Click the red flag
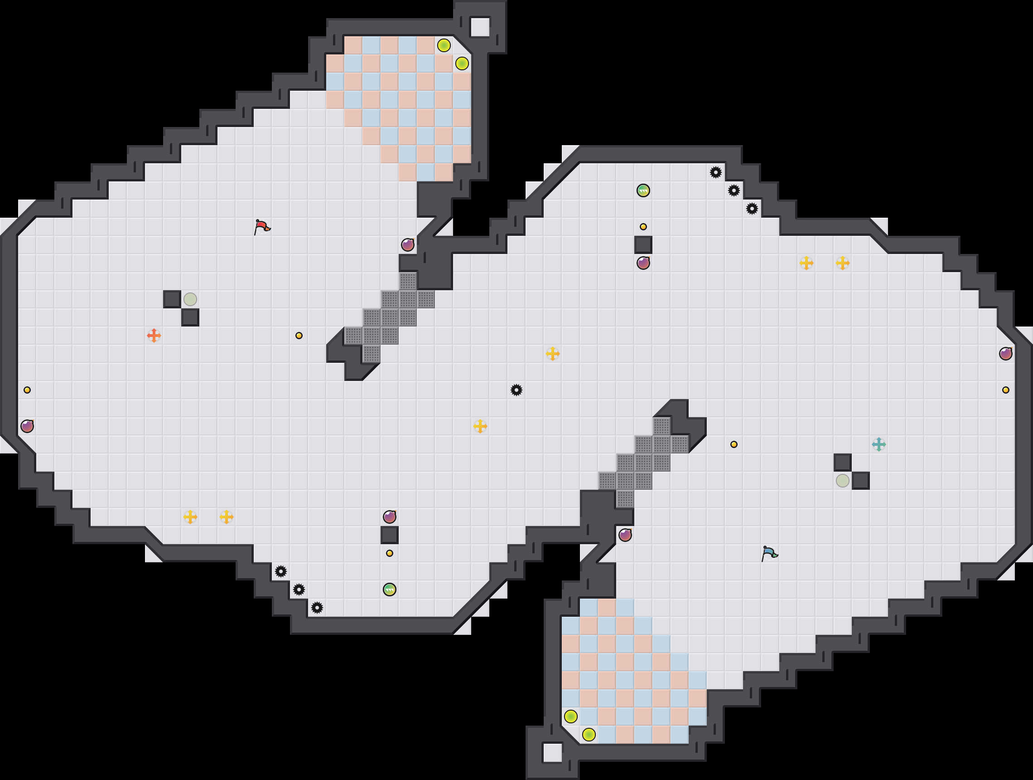[262, 227]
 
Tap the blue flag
[769, 553]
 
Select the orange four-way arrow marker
[154, 336]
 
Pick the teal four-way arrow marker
[879, 444]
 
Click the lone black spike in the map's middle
[516, 390]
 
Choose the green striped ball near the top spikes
[643, 190]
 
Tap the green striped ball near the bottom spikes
[390, 590]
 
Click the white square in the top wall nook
[480, 27]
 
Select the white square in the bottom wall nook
[552, 752]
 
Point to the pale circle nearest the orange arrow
[190, 299]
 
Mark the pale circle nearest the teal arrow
[842, 480]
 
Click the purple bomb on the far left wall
[27, 426]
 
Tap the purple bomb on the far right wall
[1005, 353]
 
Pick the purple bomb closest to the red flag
[408, 244]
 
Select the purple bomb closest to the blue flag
[625, 535]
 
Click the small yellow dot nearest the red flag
[299, 336]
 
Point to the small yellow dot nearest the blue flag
[734, 444]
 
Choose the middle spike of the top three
[734, 190]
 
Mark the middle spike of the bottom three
[299, 590]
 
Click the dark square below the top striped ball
[643, 244]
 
